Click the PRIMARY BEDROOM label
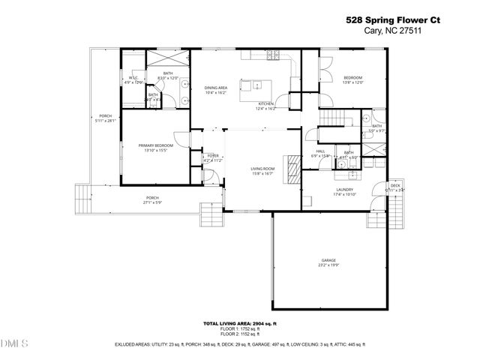tap(155, 145)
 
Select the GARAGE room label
tap(328, 260)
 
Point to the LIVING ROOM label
tap(262, 169)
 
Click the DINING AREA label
tap(216, 88)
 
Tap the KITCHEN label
tap(266, 104)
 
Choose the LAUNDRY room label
tap(344, 190)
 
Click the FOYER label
tap(213, 155)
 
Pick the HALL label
tap(320, 151)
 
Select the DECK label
tap(395, 185)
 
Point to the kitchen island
tap(254, 90)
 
